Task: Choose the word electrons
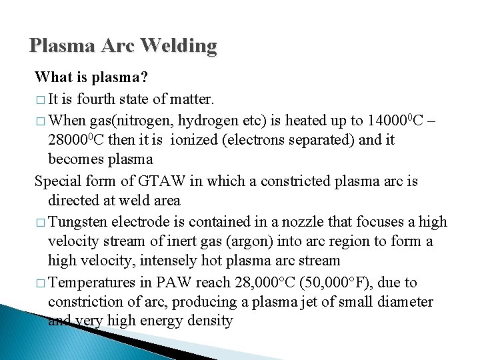click(259, 140)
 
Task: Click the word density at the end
click(210, 321)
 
